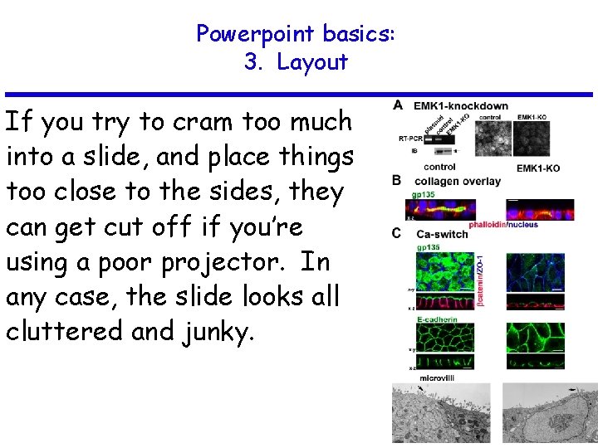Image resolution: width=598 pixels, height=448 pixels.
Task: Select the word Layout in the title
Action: point(312,62)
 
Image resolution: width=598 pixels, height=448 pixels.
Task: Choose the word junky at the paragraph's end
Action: point(218,332)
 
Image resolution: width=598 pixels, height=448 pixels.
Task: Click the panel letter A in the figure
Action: point(398,106)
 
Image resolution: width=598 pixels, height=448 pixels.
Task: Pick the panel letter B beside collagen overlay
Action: point(398,181)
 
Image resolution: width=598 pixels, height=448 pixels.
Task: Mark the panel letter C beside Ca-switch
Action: point(398,233)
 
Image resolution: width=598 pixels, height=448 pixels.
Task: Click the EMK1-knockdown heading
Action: point(461,106)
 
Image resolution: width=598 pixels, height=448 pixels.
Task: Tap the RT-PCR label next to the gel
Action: point(409,137)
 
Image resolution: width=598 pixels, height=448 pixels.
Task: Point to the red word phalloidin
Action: point(488,224)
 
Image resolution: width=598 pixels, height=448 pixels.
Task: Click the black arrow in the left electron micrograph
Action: point(422,388)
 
